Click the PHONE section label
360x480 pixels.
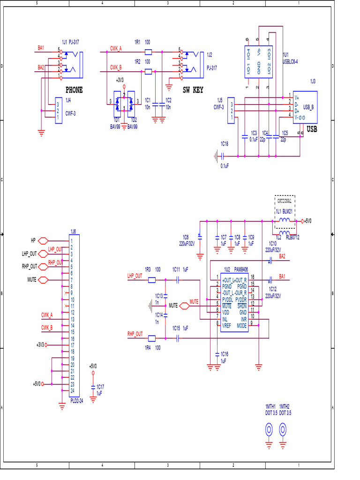[x=74, y=90]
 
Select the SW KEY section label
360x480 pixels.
[x=193, y=90]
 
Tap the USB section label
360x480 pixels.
[x=312, y=129]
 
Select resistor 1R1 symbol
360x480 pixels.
[x=148, y=52]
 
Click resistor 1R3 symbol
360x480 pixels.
[x=152, y=280]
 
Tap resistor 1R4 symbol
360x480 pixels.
[x=152, y=338]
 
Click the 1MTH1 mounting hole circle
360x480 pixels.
[x=270, y=429]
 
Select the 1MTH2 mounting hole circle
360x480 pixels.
[x=283, y=429]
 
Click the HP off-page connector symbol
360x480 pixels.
[x=42, y=240]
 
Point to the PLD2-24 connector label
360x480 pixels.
[x=76, y=401]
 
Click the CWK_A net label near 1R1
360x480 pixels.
[x=116, y=48]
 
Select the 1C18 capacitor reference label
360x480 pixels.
[x=225, y=143]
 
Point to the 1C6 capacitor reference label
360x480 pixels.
[x=186, y=237]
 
